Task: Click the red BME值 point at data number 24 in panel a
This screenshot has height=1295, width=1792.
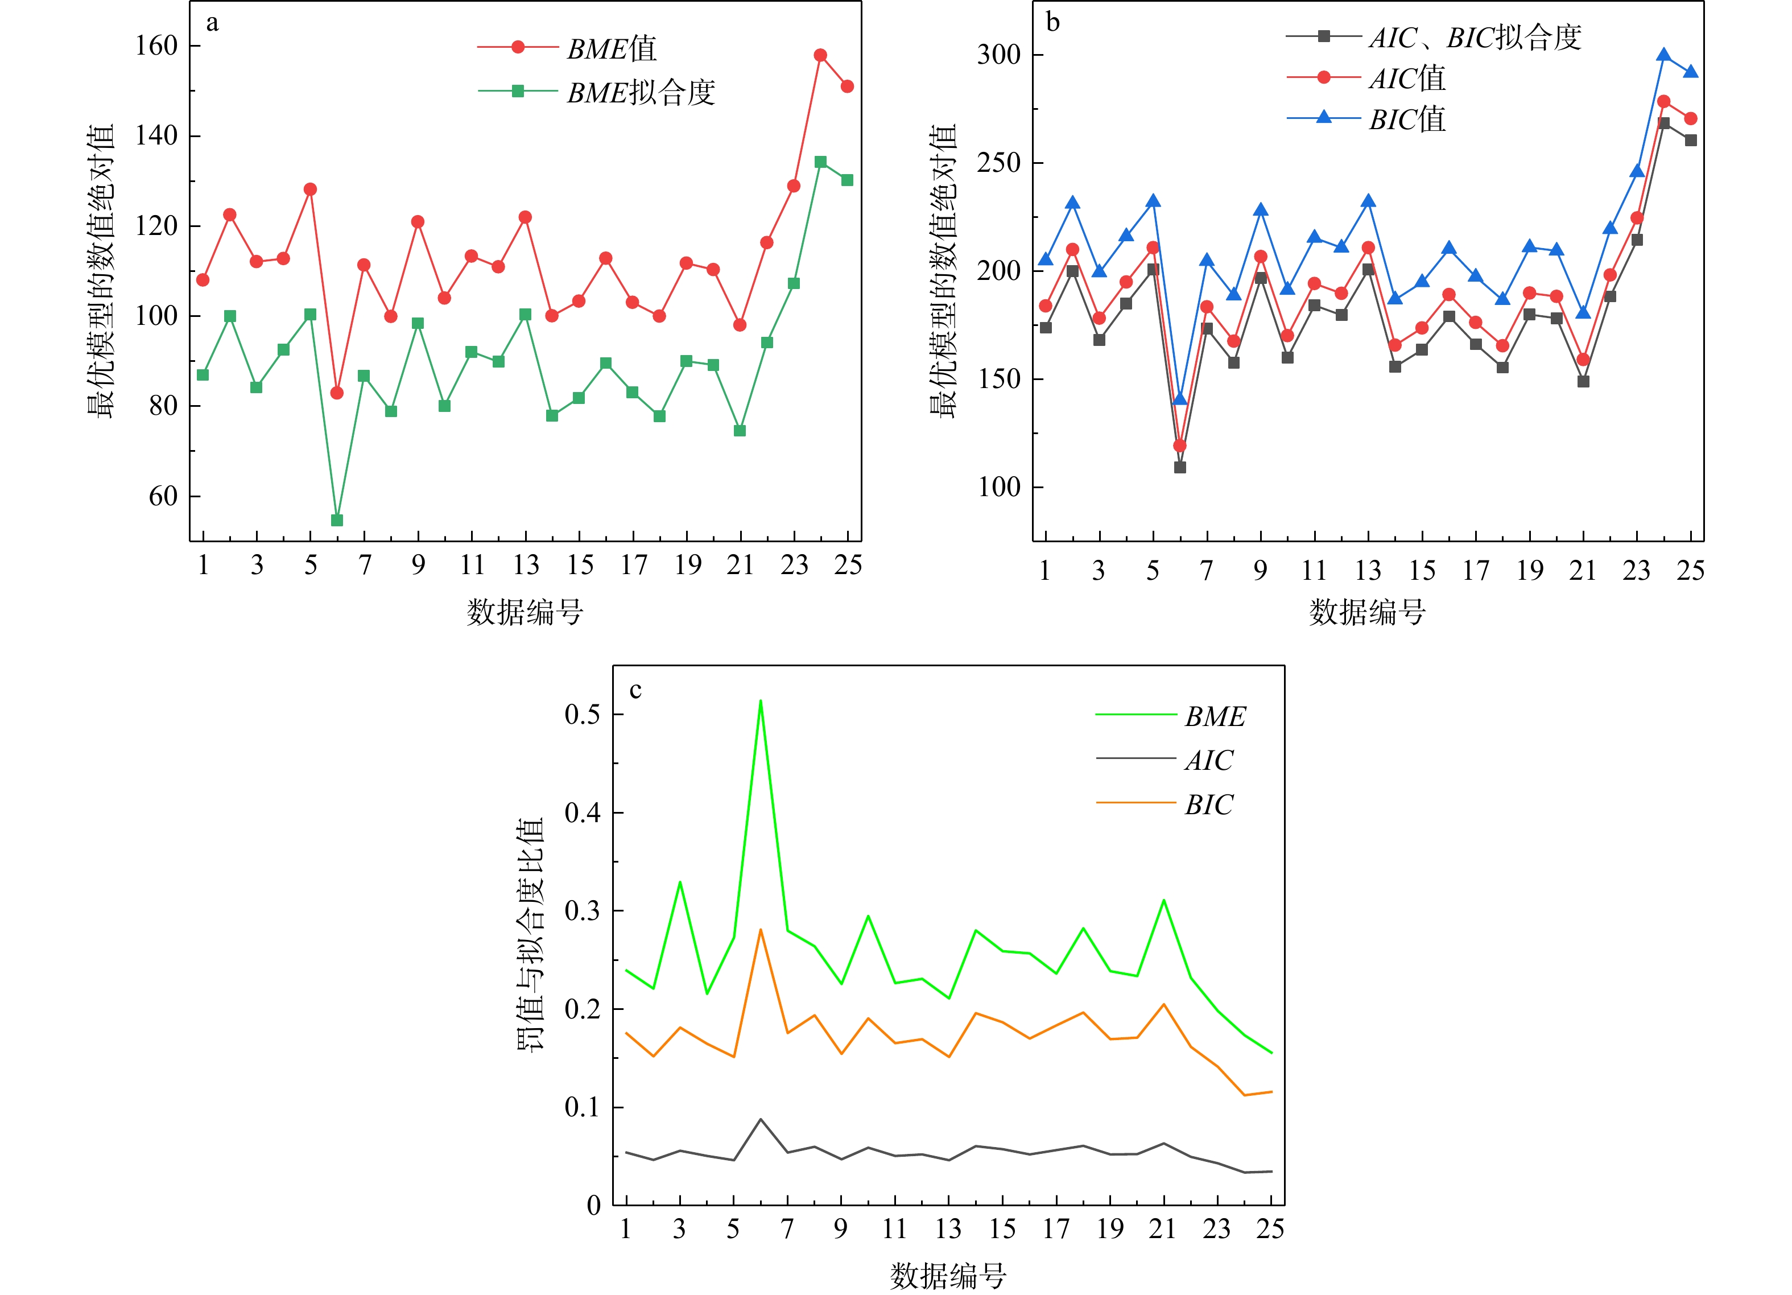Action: click(x=820, y=55)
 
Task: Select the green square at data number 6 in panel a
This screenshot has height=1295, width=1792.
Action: click(x=337, y=520)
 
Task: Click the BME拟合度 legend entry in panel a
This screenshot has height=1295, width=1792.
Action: click(x=640, y=92)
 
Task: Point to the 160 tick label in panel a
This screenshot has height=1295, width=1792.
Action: click(x=156, y=46)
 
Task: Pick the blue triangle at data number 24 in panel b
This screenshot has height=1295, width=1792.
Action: click(x=1664, y=55)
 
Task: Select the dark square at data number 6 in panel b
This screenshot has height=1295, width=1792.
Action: click(x=1180, y=467)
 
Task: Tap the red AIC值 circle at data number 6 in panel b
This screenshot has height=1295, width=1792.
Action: click(x=1180, y=446)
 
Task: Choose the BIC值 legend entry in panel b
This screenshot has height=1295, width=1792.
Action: click(x=1406, y=119)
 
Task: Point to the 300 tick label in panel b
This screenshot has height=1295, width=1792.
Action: click(x=999, y=55)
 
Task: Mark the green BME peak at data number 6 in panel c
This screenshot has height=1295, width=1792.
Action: click(x=760, y=701)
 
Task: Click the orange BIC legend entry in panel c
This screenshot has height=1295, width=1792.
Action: click(x=1208, y=805)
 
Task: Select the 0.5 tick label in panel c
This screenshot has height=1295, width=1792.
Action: click(x=583, y=714)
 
